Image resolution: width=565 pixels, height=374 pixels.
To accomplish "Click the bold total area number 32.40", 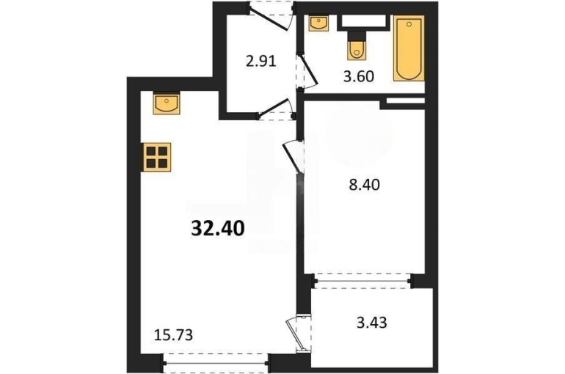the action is (218, 228).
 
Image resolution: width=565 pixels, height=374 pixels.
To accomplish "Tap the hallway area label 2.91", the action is (261, 61).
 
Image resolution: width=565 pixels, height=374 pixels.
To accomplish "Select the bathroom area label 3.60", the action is (359, 76).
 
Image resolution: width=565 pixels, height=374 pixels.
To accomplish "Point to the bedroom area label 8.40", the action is (364, 185).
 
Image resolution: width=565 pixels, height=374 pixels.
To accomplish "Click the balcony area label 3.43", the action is (372, 323).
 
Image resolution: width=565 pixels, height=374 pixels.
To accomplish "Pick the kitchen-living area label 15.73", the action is (173, 335).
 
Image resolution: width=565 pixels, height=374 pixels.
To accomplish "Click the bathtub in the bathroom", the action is (409, 48).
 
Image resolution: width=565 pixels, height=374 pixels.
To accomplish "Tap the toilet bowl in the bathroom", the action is (357, 49).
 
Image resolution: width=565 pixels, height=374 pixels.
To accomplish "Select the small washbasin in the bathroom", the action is (318, 23).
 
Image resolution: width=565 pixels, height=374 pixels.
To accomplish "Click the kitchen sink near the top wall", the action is (167, 104).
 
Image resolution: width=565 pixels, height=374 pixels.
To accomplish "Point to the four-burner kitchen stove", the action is (157, 157).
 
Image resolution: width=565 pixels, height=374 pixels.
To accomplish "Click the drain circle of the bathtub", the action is (409, 24).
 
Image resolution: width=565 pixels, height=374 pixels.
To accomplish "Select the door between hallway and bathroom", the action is (306, 71).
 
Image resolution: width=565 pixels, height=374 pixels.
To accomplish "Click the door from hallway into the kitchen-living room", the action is (275, 109).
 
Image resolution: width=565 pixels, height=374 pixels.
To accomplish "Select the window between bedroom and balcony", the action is (362, 281).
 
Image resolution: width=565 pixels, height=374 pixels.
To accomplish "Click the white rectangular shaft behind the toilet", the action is (363, 22).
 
